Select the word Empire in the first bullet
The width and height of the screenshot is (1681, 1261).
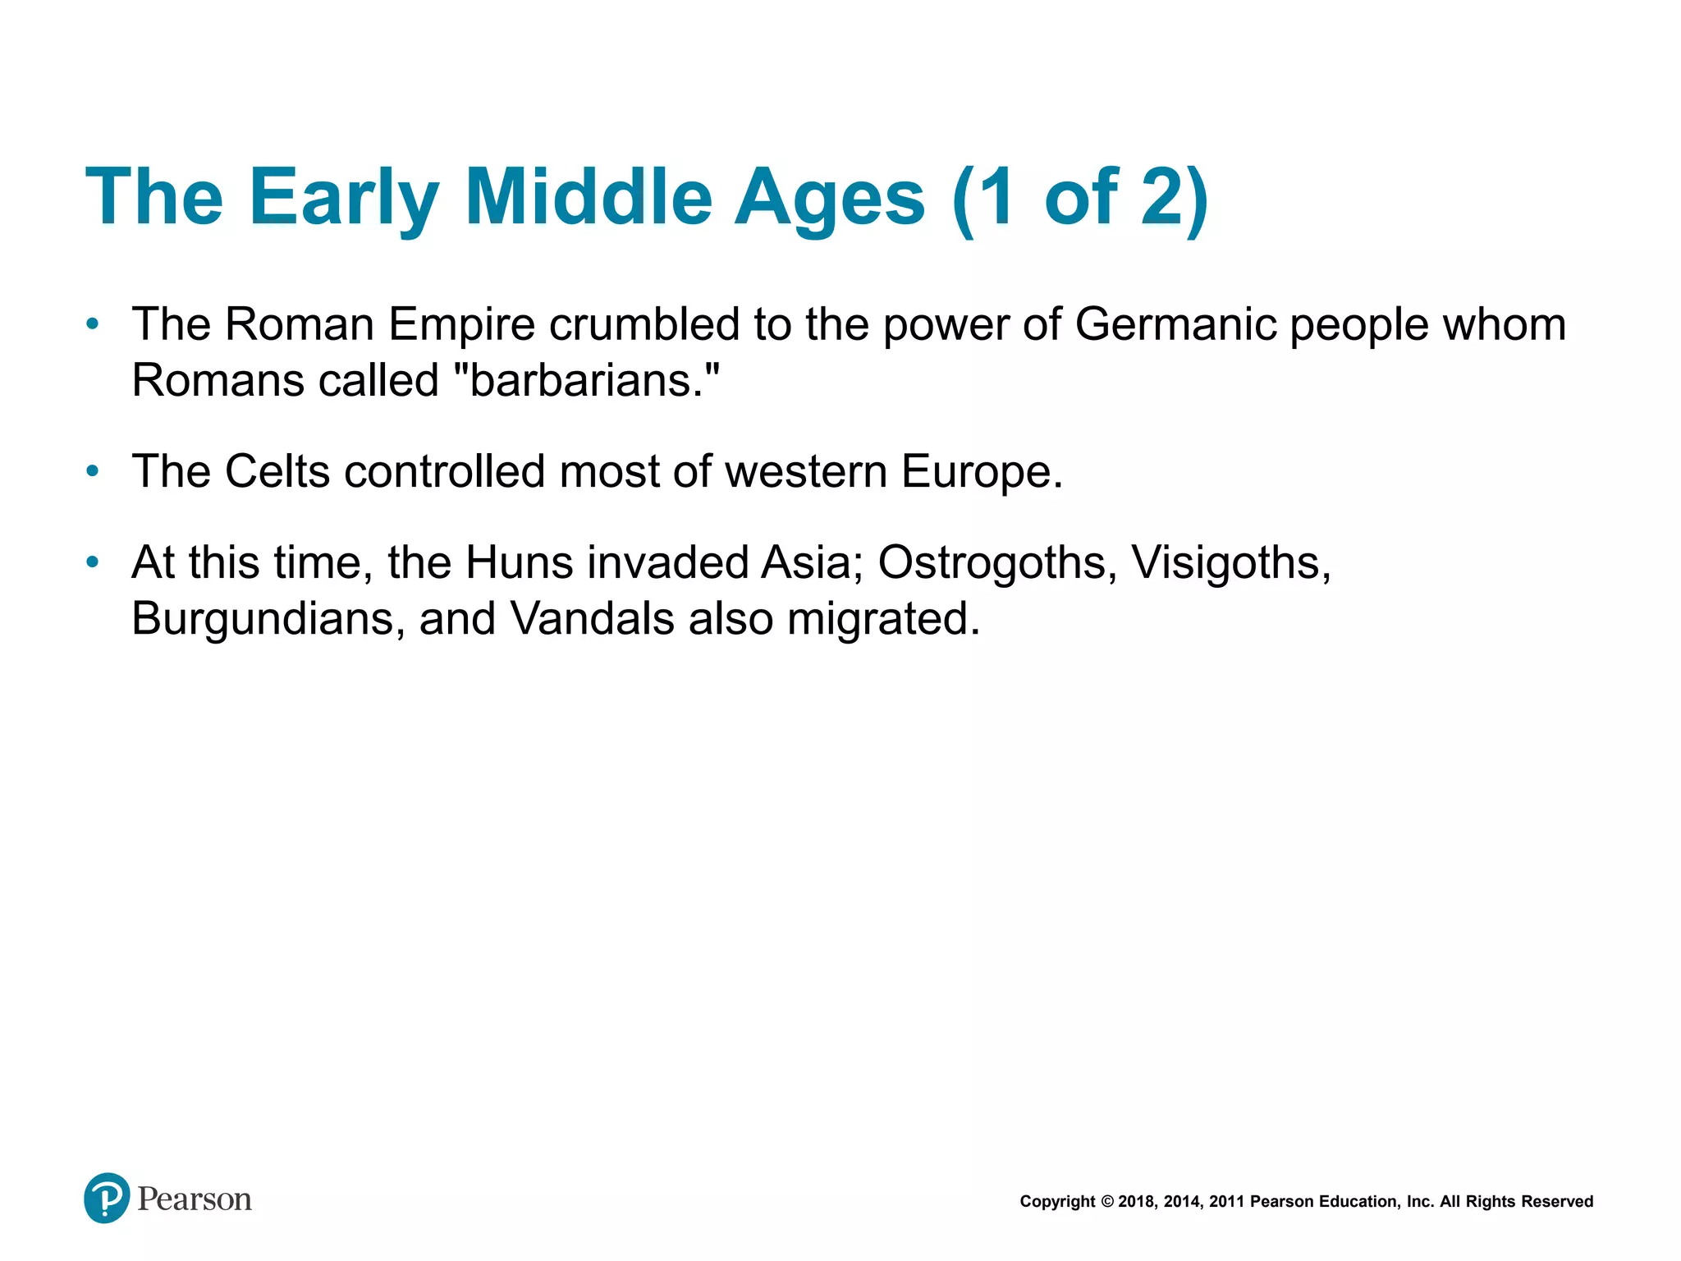(x=461, y=324)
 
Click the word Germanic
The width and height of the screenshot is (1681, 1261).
(x=1175, y=324)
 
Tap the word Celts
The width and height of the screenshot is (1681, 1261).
(x=277, y=471)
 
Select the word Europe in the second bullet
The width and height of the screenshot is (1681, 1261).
(x=981, y=471)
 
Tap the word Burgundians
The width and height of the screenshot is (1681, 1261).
(x=268, y=618)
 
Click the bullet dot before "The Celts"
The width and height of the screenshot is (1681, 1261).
(x=93, y=471)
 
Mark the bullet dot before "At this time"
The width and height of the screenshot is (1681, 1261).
(x=93, y=563)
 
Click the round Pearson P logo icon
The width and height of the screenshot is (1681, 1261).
(x=107, y=1198)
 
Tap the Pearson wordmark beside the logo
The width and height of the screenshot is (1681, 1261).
(x=195, y=1199)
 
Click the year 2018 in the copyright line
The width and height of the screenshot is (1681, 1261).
(x=1136, y=1202)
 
